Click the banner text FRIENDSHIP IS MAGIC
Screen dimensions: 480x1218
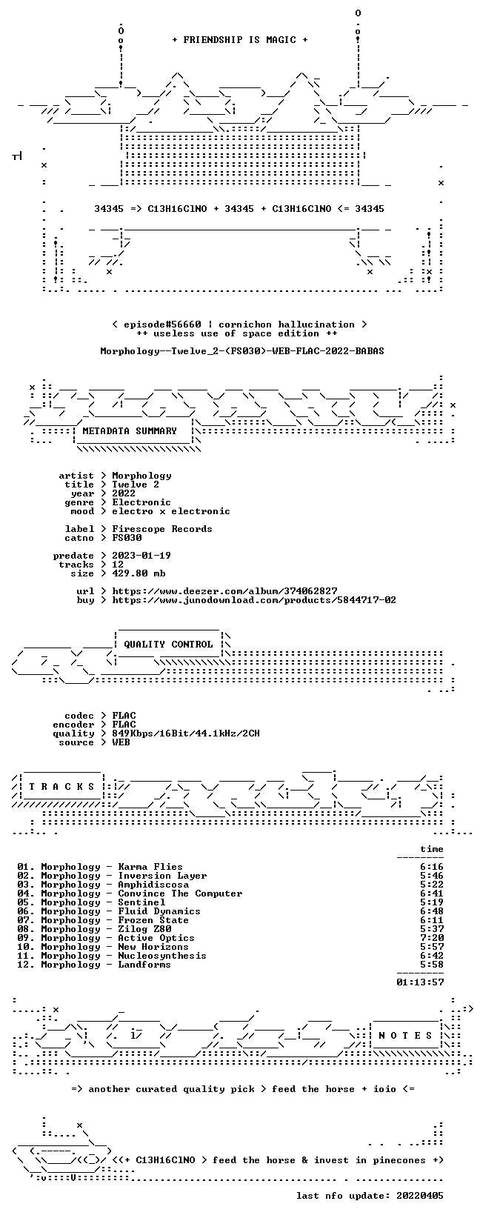240,40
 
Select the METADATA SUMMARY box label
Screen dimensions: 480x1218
130,431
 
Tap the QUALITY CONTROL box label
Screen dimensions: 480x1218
168,645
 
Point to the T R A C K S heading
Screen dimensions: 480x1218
61,787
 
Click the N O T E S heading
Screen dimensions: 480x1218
405,1035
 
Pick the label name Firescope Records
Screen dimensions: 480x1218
162,529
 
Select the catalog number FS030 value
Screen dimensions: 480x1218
127,538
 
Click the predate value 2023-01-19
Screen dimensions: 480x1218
141,556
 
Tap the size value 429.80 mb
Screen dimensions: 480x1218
139,573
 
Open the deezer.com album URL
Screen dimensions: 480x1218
224,591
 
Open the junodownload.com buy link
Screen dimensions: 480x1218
254,600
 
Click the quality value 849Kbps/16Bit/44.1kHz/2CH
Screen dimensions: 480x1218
186,733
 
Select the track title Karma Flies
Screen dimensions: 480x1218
150,867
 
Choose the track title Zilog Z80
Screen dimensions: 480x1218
144,929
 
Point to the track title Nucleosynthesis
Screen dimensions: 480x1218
162,956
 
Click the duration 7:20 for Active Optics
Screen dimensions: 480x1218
432,938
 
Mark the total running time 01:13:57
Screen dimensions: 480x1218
420,982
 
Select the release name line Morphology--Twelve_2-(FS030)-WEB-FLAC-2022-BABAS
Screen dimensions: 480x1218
242,351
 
